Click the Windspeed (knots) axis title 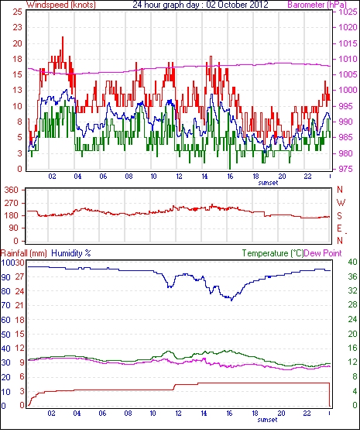61,5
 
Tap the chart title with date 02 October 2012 201,5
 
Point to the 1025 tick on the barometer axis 348,12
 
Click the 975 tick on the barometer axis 348,169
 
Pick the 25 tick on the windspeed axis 17,12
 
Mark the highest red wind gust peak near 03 63,37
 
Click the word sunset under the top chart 269,183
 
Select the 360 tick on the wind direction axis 12,190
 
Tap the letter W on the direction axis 341,203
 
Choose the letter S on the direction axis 339,215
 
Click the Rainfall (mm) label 24,253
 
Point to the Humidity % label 71,253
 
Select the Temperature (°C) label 273,253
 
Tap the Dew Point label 323,253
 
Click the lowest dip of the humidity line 231,300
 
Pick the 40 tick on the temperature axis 353,262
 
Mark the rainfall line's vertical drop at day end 330,394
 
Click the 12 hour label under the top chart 179,177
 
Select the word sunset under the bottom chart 267,420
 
